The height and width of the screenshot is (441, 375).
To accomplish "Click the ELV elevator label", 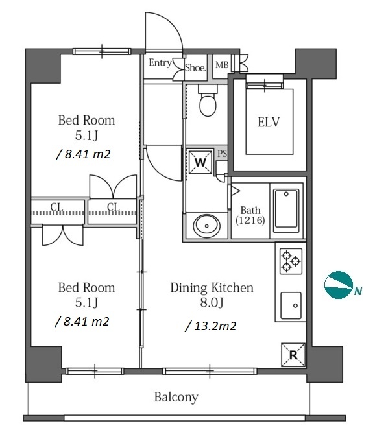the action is [269, 123].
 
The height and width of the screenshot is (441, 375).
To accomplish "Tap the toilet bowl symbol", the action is [208, 101].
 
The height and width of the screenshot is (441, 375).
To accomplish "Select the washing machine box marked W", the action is [200, 162].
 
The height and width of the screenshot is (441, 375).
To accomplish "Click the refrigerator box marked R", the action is [293, 355].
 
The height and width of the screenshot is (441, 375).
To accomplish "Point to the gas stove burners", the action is [291, 261].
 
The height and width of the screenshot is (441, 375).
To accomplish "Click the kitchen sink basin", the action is [291, 305].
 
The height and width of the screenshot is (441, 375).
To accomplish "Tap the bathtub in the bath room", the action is [286, 211].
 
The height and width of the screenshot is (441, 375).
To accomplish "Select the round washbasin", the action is [207, 226].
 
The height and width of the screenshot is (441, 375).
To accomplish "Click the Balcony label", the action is [176, 397].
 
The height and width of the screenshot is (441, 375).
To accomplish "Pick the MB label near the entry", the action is [222, 65].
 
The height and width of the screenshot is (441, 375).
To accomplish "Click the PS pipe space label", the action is [222, 154].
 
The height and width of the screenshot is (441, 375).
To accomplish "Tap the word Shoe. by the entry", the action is [195, 67].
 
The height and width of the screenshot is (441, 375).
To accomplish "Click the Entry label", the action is [160, 62].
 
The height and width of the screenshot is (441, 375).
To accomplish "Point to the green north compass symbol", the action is [339, 285].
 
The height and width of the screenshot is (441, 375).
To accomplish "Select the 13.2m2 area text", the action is [211, 326].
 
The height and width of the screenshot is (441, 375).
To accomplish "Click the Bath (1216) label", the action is [250, 215].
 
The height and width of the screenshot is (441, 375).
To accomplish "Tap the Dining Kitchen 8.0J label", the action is [212, 295].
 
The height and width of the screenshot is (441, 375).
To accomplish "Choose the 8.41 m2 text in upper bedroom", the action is [84, 154].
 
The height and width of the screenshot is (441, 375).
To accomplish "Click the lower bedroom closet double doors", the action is [63, 235].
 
